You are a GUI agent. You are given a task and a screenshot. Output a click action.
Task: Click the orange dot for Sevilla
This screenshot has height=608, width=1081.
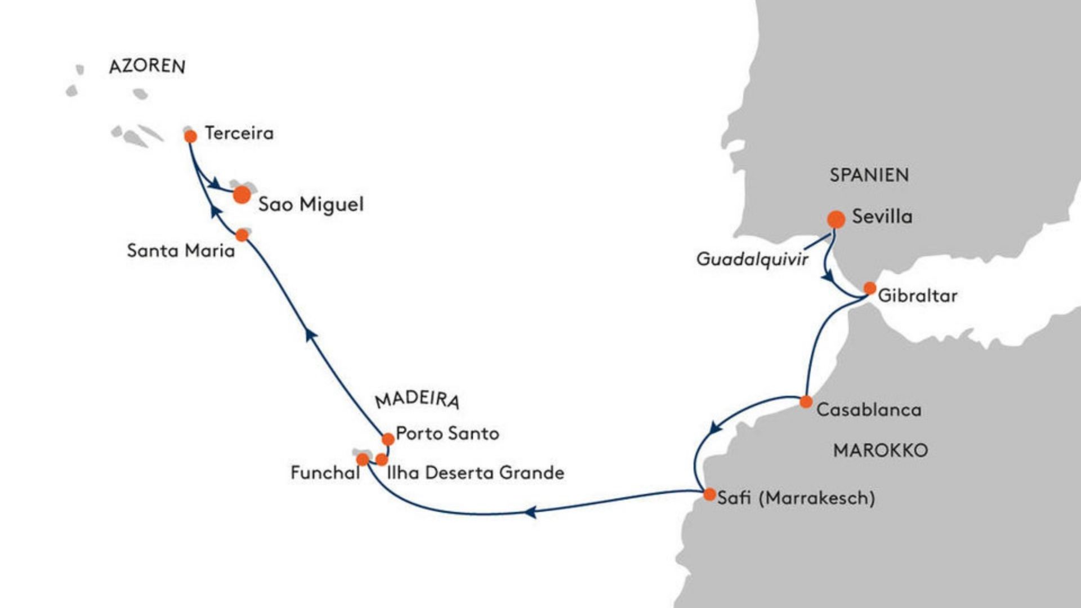836,220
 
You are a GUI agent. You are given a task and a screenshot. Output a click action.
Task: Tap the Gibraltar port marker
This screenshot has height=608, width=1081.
870,289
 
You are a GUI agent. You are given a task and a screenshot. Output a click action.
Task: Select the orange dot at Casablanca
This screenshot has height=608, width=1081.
806,402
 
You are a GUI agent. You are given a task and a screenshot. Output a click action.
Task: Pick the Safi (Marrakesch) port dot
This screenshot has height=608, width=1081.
710,495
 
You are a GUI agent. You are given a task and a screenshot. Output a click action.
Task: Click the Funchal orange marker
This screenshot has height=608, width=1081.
363,460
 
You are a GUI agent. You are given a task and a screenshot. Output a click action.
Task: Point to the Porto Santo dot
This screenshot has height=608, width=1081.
388,439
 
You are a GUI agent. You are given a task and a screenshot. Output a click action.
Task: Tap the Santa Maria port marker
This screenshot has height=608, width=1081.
242,235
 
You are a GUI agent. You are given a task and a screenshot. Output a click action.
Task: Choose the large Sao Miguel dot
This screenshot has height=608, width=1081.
242,195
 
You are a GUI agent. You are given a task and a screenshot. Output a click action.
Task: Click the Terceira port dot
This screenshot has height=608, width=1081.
191,136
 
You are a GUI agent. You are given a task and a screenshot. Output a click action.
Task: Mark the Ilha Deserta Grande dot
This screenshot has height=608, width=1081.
382,460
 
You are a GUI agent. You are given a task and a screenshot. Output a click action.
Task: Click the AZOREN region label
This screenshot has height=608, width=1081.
147,66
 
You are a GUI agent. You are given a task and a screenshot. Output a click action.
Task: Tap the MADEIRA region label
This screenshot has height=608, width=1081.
417,399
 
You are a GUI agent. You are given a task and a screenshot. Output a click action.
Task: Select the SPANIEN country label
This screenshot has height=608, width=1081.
869,175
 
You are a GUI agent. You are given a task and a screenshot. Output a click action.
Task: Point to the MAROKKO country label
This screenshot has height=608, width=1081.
881,450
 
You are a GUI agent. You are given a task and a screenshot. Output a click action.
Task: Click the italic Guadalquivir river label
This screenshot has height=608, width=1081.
752,260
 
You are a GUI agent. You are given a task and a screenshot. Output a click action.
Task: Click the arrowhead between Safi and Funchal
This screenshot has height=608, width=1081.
530,512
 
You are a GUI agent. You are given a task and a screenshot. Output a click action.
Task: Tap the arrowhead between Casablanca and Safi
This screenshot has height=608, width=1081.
715,427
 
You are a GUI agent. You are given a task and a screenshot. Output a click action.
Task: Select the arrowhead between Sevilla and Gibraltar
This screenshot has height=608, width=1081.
828,276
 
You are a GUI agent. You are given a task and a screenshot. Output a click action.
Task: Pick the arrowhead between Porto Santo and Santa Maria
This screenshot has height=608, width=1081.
310,335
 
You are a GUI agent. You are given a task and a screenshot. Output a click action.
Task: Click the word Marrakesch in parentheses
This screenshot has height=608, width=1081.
817,498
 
